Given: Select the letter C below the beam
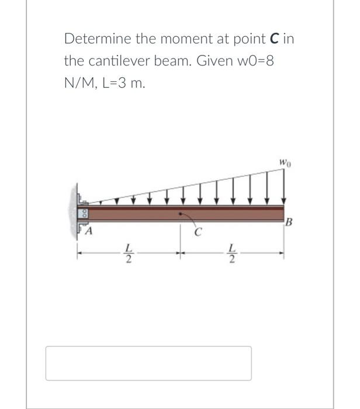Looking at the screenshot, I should [197, 234].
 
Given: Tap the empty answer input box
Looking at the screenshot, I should [148, 363].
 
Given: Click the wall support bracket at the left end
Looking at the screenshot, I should [84, 213].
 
